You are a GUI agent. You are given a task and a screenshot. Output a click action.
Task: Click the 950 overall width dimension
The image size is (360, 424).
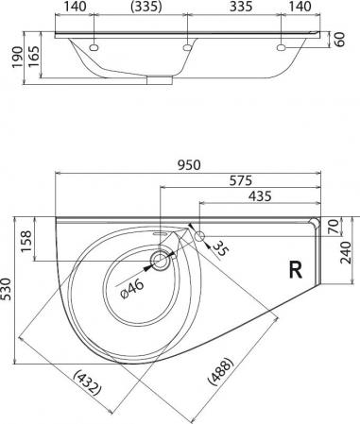(189, 165)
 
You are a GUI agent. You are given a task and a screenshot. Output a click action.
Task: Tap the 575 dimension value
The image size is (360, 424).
(241, 180)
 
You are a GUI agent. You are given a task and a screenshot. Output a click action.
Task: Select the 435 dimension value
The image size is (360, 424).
(260, 196)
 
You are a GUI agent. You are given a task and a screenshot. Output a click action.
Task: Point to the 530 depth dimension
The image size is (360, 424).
(7, 289)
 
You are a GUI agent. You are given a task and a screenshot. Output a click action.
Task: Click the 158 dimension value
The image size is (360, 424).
(26, 241)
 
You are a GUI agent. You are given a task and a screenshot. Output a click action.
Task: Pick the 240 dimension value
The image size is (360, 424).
(346, 253)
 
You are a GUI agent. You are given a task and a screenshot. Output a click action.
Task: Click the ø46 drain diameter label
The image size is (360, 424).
(132, 289)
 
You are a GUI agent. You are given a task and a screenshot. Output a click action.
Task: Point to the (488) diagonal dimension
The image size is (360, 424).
(221, 371)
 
